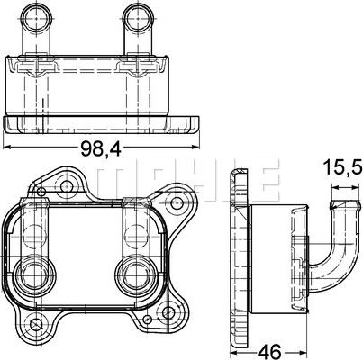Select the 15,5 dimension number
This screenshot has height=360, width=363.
pyautogui.click(x=342, y=168)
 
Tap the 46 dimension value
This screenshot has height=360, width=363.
pyautogui.click(x=271, y=351)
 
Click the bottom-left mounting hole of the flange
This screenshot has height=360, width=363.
pyautogui.click(x=37, y=325)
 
